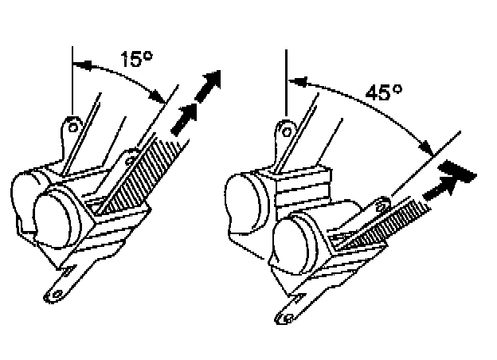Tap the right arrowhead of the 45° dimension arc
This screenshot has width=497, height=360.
click(x=426, y=148)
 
